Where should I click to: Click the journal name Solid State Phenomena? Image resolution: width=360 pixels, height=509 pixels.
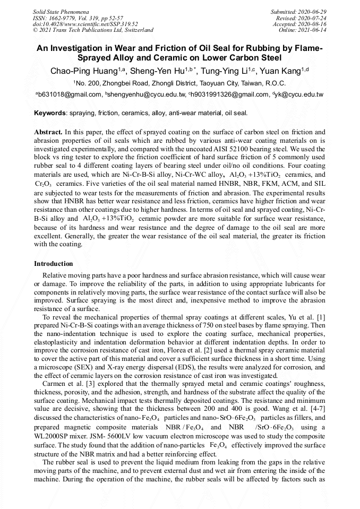click(x=61, y=11)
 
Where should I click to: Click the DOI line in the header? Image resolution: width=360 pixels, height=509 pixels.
click(x=85, y=24)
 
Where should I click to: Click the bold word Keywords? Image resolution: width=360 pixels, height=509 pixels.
click(x=50, y=113)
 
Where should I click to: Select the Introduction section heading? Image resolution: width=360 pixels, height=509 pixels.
click(x=53, y=264)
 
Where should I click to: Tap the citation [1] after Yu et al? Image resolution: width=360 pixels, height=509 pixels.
click(x=321, y=317)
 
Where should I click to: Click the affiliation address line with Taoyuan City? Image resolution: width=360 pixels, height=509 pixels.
click(x=179, y=83)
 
